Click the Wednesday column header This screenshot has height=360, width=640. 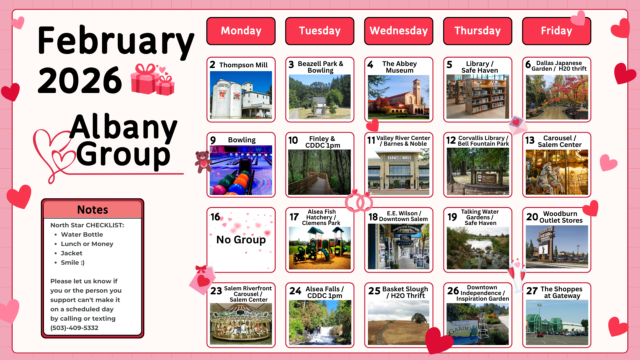click(x=399, y=31)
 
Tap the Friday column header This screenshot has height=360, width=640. click(x=556, y=31)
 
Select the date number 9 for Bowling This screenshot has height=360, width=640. click(x=213, y=140)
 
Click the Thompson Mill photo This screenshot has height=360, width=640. click(x=241, y=95)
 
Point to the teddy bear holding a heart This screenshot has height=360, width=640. click(x=203, y=162)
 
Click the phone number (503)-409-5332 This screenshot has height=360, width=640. click(x=74, y=328)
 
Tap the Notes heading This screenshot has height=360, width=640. click(x=93, y=210)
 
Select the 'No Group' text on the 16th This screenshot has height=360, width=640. click(x=241, y=240)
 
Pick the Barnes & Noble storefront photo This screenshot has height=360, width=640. click(x=399, y=172)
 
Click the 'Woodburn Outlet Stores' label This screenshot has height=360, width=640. click(x=561, y=217)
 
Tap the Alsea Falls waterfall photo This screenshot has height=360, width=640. click(x=320, y=322)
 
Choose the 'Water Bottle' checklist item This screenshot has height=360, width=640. click(x=82, y=234)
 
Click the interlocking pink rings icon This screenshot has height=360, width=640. click(x=359, y=202)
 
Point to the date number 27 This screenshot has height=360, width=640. click(x=532, y=291)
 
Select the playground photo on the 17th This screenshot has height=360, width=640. click(x=320, y=248)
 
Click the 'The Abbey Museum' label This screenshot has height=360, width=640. click(x=399, y=67)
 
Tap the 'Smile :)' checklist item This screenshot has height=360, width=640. click(x=73, y=262)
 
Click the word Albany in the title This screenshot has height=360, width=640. click(x=123, y=127)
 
